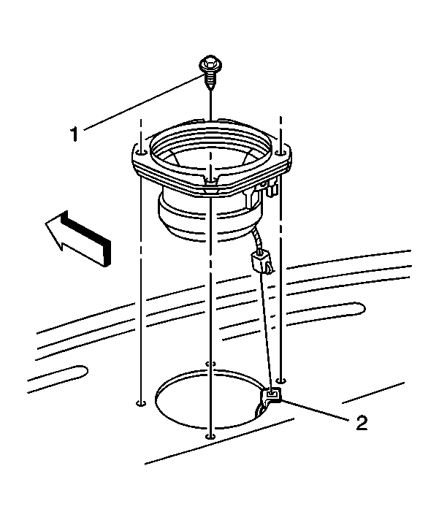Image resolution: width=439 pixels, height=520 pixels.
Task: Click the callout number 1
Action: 75,134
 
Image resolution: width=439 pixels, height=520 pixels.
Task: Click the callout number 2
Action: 362,423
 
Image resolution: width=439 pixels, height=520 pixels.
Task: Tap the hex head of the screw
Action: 210,64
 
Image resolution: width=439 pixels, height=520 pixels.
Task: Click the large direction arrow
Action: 78,238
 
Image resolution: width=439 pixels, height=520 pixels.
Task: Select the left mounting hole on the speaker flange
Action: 142,153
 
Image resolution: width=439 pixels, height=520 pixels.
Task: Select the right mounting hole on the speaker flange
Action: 280,153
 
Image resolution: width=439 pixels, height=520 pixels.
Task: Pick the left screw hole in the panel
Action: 141,403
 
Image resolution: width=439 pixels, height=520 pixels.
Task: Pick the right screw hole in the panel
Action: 281,380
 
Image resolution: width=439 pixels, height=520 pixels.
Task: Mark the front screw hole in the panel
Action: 210,436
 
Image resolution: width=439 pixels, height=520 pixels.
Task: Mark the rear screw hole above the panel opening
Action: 210,364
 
